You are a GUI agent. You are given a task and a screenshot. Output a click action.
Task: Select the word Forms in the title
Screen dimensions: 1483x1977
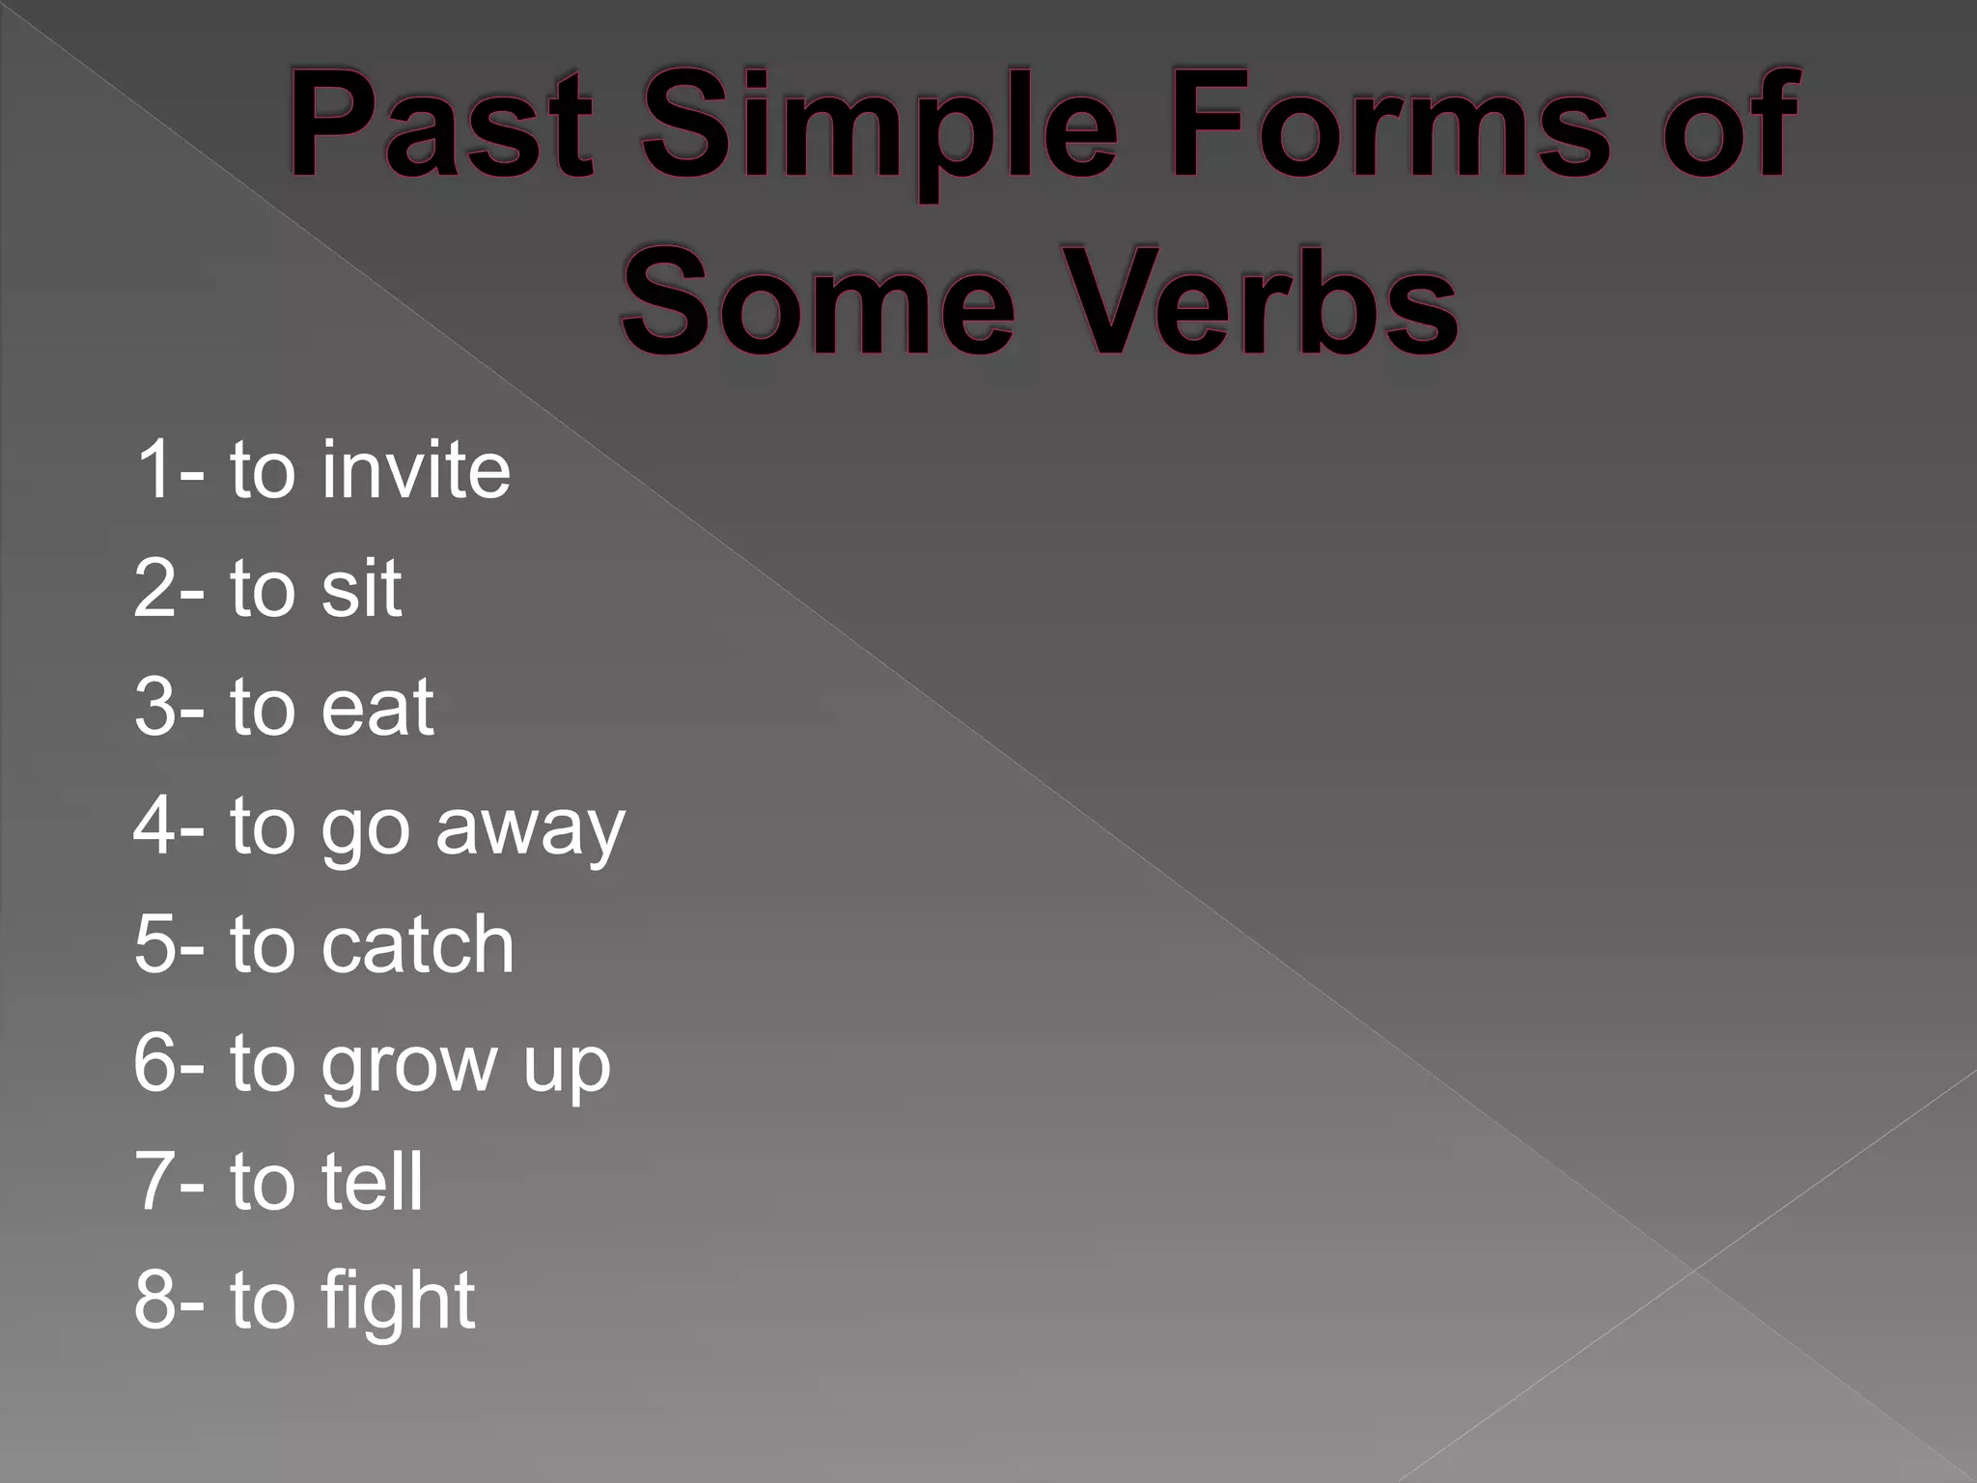[1390, 126]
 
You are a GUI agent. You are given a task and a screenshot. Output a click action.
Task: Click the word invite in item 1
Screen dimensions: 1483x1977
[416, 470]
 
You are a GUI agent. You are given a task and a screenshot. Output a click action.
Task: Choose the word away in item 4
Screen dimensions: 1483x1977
[530, 828]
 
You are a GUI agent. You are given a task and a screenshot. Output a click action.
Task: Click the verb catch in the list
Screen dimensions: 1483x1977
[418, 944]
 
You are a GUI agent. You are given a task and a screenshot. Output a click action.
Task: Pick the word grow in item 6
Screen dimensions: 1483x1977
[408, 1066]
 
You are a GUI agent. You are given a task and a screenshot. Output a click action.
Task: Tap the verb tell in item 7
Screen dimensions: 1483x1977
[373, 1181]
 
